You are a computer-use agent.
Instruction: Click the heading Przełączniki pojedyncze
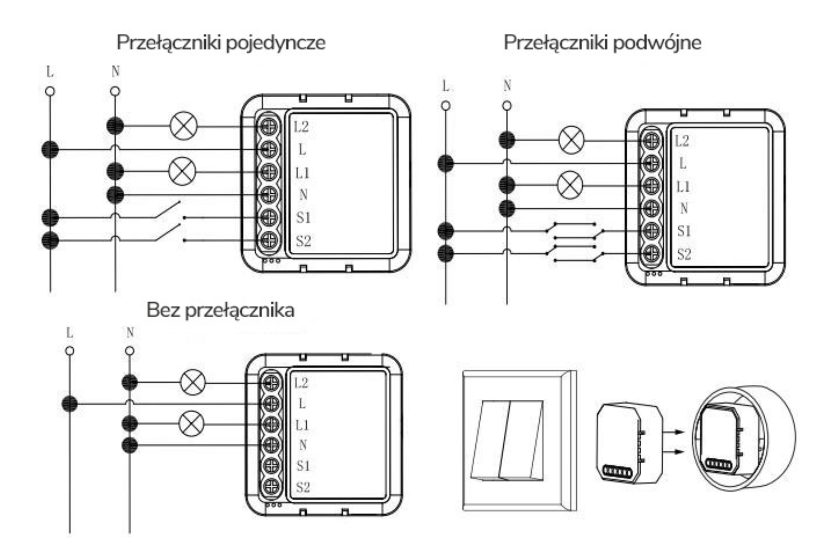pos(221,43)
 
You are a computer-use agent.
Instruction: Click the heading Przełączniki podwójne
pos(602,43)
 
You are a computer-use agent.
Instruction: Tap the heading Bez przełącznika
pos(220,310)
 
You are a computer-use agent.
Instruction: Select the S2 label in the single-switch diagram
pos(303,241)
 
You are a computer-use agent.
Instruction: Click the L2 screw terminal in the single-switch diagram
pos(268,127)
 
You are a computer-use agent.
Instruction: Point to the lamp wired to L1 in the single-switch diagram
pos(182,172)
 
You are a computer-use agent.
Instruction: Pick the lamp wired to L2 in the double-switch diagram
pos(571,140)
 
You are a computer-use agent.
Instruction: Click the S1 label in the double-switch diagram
pos(684,231)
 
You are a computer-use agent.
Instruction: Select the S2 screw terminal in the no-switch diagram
pos(271,486)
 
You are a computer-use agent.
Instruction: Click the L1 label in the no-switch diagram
pos(302,425)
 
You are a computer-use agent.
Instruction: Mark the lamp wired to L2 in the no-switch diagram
pos(193,383)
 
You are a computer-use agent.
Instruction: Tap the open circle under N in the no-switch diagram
pos(130,351)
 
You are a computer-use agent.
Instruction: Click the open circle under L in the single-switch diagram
pos(50,92)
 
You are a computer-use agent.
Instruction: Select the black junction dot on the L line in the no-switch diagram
pos(70,404)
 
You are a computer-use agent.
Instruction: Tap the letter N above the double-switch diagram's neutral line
pos(507,85)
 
